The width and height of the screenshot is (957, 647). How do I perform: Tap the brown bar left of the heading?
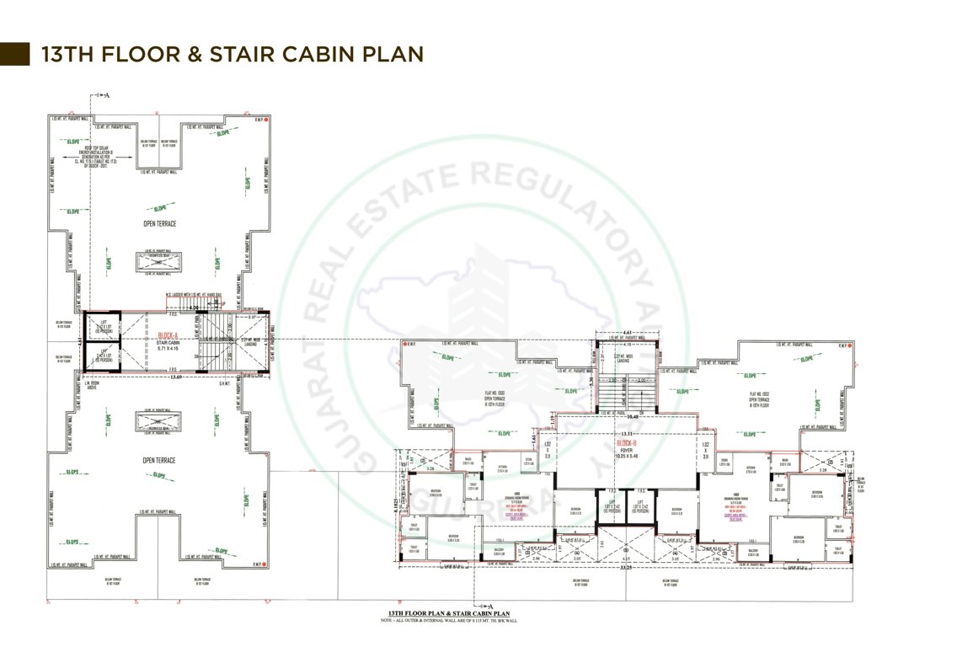[x=14, y=53]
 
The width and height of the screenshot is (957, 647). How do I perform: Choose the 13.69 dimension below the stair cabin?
[x=175, y=377]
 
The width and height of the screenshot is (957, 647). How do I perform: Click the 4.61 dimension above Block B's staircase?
[x=627, y=333]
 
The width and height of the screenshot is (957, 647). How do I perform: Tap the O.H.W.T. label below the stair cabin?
[x=222, y=384]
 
